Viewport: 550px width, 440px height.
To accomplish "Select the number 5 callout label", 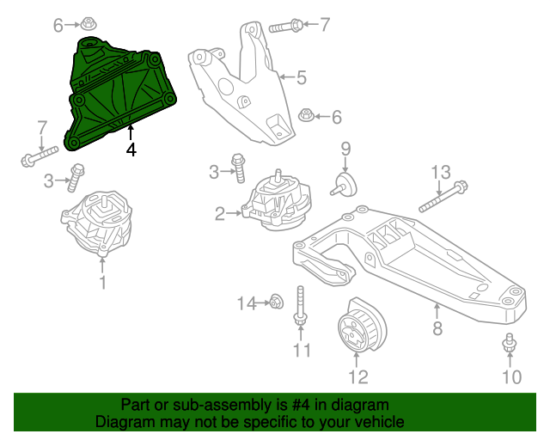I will pos(302,78).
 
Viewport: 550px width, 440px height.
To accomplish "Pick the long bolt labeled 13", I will pos(443,196).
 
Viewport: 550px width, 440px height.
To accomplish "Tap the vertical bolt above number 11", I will pos(300,305).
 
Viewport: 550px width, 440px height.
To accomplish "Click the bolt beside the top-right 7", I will pos(286,26).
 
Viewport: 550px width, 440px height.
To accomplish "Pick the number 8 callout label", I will pos(437,327).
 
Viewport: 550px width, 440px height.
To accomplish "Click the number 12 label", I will pos(357,376).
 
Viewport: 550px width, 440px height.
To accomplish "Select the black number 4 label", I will pos(131,150).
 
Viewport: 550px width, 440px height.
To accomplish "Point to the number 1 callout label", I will pos(102,282).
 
